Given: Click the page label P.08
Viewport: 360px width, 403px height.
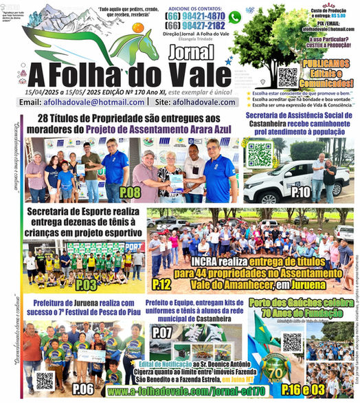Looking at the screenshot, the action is pyautogui.click(x=130, y=192).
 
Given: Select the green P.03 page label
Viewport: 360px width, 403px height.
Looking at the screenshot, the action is pyautogui.click(x=87, y=283).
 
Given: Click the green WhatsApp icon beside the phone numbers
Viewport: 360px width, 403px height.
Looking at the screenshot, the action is pyautogui.click(x=234, y=18).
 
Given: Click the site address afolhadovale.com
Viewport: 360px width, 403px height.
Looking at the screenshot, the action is pyautogui.click(x=204, y=102).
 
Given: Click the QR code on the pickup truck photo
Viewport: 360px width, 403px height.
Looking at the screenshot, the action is pyautogui.click(x=259, y=154).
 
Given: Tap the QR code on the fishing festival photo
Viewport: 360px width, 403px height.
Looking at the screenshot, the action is pyautogui.click(x=45, y=379).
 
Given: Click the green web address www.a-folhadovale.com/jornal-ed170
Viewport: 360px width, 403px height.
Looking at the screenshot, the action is pyautogui.click(x=175, y=392).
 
